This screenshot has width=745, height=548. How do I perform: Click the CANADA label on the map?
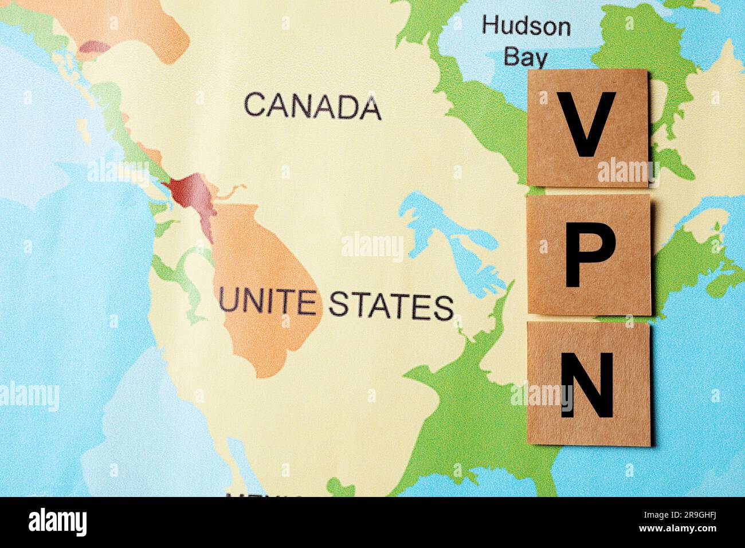[x=312, y=105]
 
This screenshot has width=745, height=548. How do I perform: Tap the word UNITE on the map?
[x=267, y=302]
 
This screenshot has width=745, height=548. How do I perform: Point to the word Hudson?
[x=526, y=26]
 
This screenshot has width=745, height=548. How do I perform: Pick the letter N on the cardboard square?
[x=587, y=385]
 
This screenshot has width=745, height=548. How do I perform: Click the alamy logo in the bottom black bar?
[x=57, y=522]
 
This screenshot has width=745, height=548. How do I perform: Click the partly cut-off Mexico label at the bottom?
[x=264, y=495]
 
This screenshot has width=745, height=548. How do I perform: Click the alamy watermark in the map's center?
[x=372, y=246]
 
